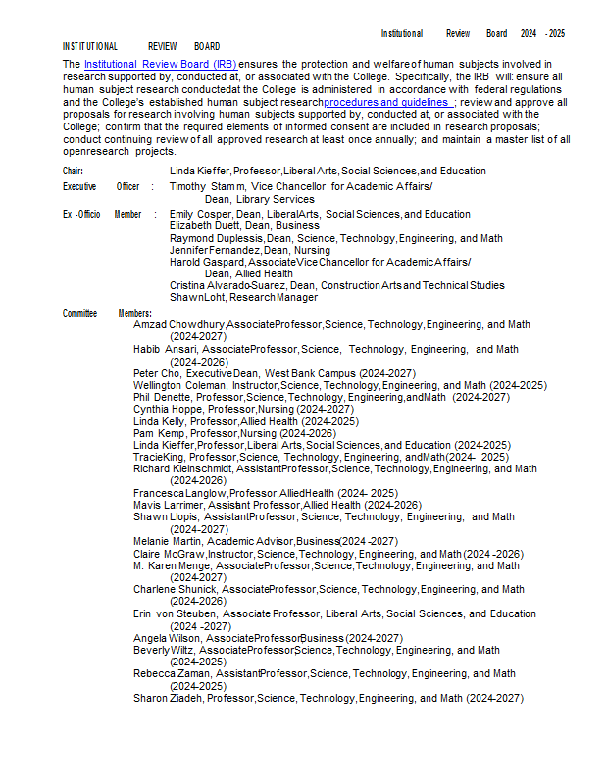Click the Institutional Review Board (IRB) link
pyautogui.click(x=160, y=64)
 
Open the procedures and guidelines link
pyautogui.click(x=387, y=102)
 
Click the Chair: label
pyautogui.click(x=74, y=171)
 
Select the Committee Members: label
pyautogui.click(x=108, y=313)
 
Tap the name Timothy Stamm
pyautogui.click(x=206, y=186)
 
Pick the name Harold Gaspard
pyautogui.click(x=207, y=262)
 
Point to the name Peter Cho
pyautogui.click(x=153, y=373)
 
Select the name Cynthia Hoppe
pyautogui.click(x=163, y=409)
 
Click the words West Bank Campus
pyautogui.click(x=309, y=373)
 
